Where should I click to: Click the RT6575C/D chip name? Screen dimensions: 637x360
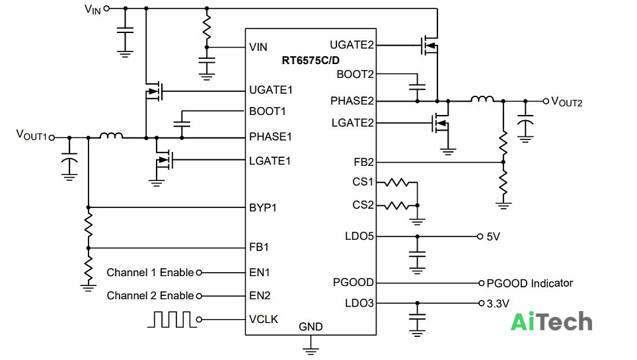311,61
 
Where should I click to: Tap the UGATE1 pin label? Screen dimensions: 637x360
270,90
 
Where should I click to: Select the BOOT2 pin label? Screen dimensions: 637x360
355,75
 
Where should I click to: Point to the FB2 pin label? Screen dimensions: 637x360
363,162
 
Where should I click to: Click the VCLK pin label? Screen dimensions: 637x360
264,319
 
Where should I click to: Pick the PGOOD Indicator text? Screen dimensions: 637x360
530,283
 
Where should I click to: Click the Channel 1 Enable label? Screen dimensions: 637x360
150,272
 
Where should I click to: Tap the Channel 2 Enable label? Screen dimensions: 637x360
150,295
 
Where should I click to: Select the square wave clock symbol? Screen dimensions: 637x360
172,319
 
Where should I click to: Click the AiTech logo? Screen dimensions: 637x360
551,322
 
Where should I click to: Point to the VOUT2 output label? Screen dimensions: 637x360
567,102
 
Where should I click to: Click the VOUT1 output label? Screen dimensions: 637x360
32,135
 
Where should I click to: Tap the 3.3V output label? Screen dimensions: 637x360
498,304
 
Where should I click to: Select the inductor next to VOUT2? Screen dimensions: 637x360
482,98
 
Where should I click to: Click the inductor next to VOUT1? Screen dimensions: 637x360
111,135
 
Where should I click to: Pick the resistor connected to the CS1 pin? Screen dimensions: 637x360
396,182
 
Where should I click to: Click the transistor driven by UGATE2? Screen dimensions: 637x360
429,45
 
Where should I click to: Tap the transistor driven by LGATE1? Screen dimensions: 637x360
164,160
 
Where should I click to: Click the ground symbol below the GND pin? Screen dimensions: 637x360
311,350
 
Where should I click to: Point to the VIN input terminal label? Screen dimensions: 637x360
93,9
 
